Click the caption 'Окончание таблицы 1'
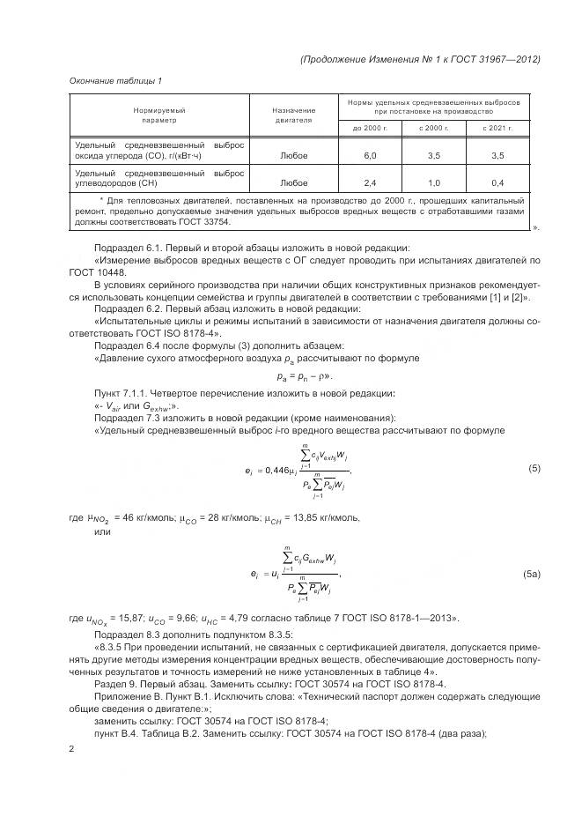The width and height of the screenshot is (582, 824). point(115,81)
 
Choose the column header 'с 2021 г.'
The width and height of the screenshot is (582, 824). point(497,128)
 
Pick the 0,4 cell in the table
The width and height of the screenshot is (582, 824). point(497,183)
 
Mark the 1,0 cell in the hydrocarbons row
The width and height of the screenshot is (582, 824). point(433,183)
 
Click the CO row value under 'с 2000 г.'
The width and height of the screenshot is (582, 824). point(433,155)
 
